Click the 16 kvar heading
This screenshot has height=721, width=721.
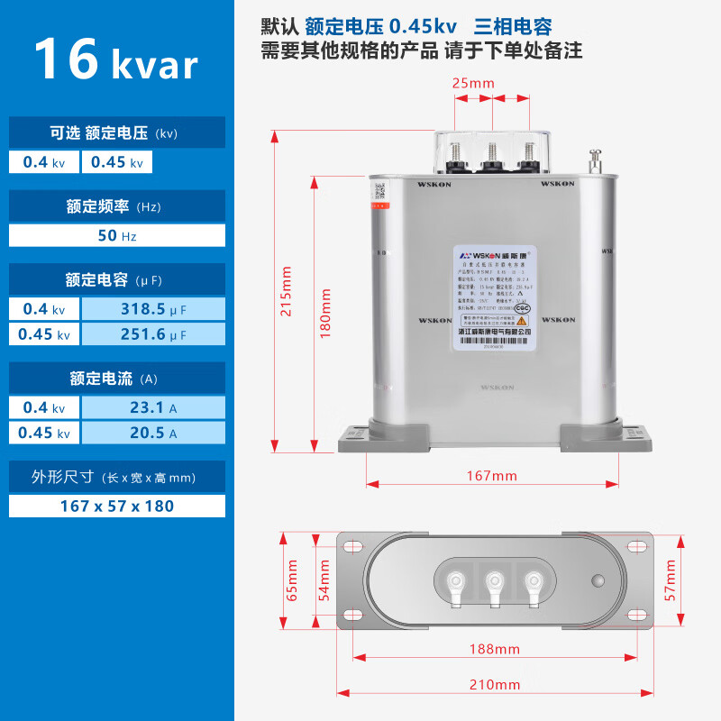point(115,60)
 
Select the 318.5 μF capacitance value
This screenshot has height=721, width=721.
point(152,309)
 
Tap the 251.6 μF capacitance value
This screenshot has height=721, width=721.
point(152,333)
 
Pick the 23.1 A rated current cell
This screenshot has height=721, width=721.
point(152,407)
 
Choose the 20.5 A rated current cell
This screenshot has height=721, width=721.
point(152,433)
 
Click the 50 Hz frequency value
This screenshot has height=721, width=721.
point(117,235)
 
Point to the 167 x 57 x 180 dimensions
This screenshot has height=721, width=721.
point(117,506)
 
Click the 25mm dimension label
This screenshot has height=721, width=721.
point(473,84)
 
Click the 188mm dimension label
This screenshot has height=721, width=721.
point(493,648)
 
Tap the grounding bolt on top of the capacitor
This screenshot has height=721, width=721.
point(595,162)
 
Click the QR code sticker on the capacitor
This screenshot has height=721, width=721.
point(379,192)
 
